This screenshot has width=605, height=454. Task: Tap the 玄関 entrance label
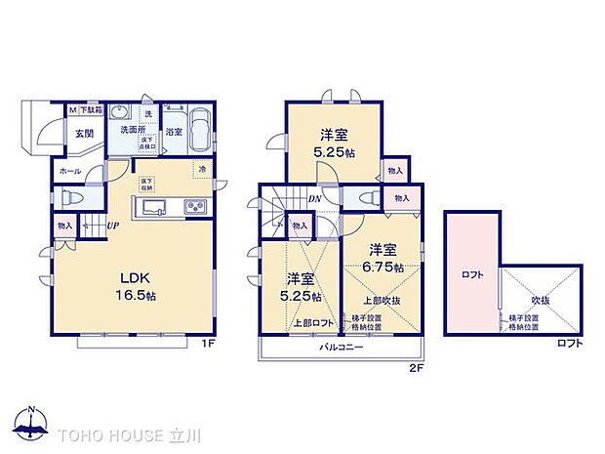[x=80, y=136]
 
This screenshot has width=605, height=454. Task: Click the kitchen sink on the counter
[x=156, y=209]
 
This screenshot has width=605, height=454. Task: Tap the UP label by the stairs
[x=113, y=226]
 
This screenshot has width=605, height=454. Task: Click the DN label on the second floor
[x=315, y=200]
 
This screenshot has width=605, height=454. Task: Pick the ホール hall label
[x=69, y=171]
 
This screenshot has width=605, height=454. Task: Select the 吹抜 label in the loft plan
[x=541, y=301]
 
